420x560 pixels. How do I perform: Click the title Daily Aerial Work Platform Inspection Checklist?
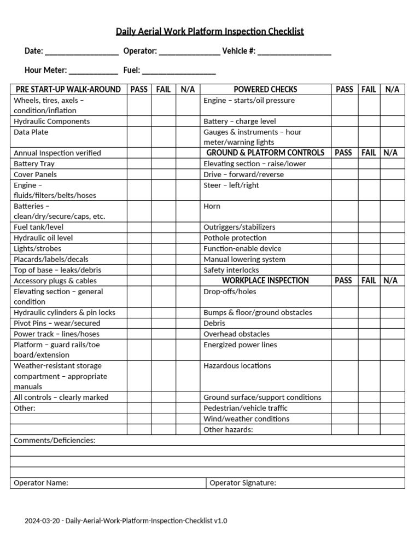tap(209, 31)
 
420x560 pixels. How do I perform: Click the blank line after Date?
tap(81, 52)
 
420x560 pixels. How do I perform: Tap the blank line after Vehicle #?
tap(294, 52)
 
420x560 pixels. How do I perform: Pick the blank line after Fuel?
tap(179, 71)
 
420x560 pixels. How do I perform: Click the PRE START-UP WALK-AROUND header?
tap(68, 89)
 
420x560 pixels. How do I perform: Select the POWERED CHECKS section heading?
tap(265, 89)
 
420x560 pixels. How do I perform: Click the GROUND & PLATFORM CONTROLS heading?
tap(265, 153)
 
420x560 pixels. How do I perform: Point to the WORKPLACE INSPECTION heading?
tap(265, 281)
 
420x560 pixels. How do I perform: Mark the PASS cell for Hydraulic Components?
tap(139, 121)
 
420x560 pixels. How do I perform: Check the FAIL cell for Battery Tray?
tap(163, 164)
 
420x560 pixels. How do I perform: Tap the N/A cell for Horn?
tap(392, 211)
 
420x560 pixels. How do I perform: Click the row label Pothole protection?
tap(235, 238)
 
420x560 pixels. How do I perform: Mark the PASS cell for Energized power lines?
tap(344, 350)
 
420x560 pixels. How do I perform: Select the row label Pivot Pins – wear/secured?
tap(57, 323)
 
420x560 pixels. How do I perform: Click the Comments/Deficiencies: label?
tap(54, 440)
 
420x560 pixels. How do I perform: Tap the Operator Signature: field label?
tap(243, 483)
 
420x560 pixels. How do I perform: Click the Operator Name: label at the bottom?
tap(41, 483)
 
